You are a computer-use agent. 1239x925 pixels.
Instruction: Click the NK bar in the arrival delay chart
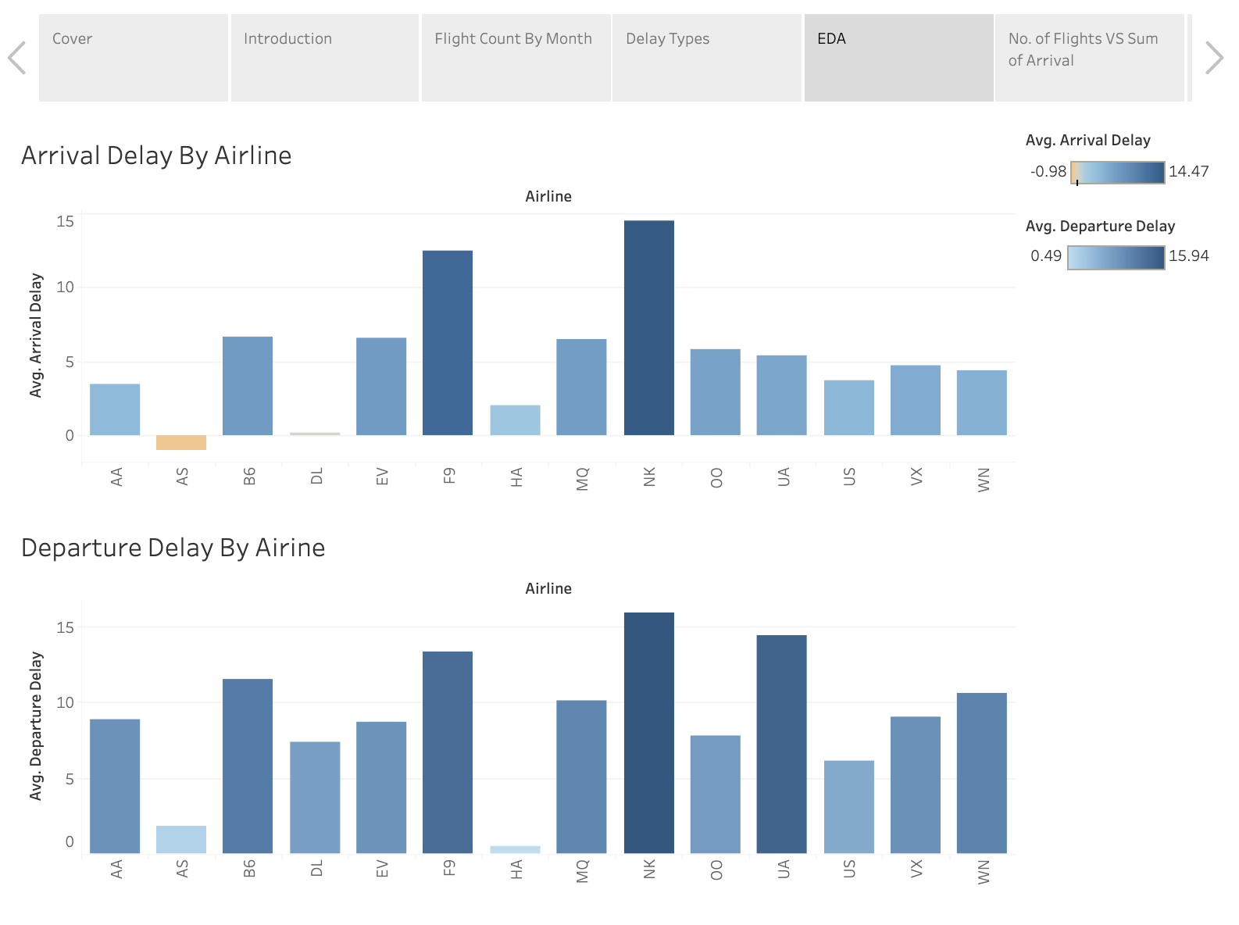[648, 328]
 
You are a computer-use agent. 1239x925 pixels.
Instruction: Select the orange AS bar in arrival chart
[181, 443]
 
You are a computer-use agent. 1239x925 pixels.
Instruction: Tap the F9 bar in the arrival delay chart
[448, 343]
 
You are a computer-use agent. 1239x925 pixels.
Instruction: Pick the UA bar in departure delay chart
[781, 744]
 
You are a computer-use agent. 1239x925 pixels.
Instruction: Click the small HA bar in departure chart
[515, 849]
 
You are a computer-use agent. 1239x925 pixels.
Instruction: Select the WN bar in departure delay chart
[981, 773]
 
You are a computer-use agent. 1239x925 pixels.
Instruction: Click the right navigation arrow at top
[1213, 58]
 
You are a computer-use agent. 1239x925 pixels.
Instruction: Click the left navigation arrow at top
[17, 58]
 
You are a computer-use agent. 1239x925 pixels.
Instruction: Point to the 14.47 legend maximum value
[1188, 172]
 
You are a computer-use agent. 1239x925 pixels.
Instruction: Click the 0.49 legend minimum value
[1046, 256]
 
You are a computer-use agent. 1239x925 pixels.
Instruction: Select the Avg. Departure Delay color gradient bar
[1116, 258]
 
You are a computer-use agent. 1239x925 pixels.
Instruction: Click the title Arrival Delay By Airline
[156, 155]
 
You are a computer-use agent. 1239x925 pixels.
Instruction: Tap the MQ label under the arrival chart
[583, 479]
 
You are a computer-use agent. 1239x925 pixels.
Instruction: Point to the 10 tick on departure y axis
[65, 702]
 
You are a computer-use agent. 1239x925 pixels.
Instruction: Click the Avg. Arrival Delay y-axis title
[36, 335]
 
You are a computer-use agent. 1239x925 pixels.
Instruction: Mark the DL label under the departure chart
[316, 868]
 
